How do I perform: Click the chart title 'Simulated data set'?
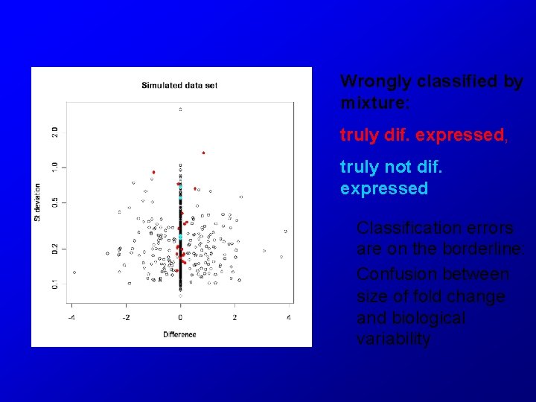(x=179, y=85)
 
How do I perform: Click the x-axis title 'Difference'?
(x=179, y=334)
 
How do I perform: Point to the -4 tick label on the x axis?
(x=71, y=318)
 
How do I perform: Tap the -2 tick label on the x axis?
(x=125, y=318)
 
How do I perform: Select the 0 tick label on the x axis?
(x=180, y=318)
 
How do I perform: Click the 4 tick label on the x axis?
(x=290, y=318)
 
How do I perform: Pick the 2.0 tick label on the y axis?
(x=54, y=132)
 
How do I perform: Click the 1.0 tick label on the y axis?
(x=54, y=167)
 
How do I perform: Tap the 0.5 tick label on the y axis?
(x=54, y=202)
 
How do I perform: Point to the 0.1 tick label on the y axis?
(x=54, y=284)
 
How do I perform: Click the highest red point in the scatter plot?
(x=203, y=153)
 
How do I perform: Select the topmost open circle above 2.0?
(x=180, y=109)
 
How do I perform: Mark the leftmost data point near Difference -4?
(x=74, y=272)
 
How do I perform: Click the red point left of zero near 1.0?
(x=153, y=172)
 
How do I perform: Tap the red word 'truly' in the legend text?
(x=357, y=135)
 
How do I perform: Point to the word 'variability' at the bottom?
(x=393, y=339)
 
